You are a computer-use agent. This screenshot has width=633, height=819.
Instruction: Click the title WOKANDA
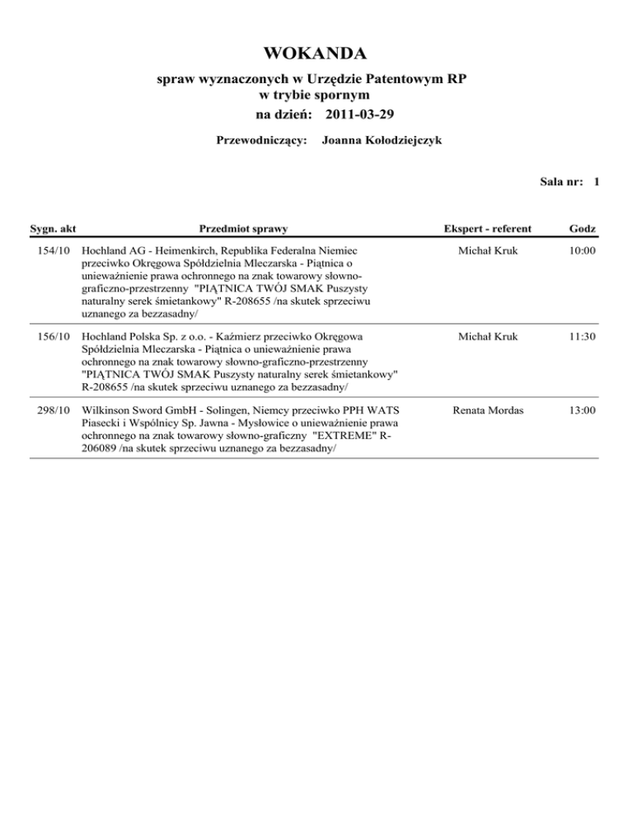click(x=316, y=54)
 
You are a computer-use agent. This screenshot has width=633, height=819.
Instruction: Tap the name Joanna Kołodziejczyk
click(x=382, y=141)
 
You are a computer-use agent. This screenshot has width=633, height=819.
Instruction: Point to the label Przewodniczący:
click(x=261, y=141)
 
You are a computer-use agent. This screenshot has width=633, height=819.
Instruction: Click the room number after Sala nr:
click(x=595, y=181)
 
